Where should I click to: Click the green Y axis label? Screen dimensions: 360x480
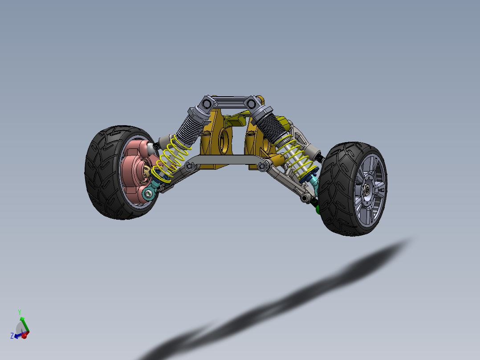click(20, 312)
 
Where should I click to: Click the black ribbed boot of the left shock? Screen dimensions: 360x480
click(189, 127)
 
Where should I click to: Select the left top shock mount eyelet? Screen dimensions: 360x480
click(206, 103)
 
